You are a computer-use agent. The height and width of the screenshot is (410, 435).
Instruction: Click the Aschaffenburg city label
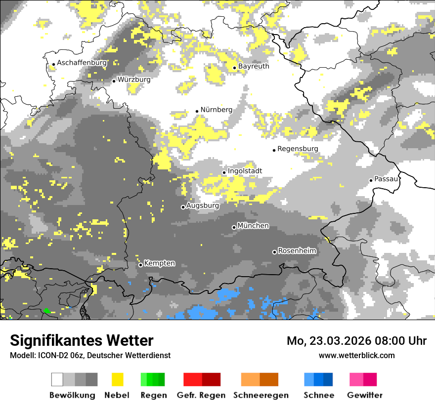(x=82, y=63)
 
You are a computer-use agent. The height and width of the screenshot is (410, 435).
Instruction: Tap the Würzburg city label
(x=134, y=79)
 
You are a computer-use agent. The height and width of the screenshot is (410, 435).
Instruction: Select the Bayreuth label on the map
(x=254, y=66)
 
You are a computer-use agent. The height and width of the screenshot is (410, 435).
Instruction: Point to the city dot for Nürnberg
(x=197, y=111)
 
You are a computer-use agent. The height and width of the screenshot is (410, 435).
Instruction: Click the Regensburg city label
(x=298, y=149)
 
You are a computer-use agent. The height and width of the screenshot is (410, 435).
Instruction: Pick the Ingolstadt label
(x=245, y=171)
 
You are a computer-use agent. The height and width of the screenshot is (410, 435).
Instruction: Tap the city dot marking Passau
(x=371, y=180)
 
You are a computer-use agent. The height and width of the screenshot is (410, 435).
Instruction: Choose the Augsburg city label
(x=203, y=205)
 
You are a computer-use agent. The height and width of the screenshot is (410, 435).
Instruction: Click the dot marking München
(x=234, y=227)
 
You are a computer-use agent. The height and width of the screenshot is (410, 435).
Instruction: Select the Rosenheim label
(x=297, y=251)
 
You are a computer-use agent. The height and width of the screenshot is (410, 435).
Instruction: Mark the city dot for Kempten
(x=140, y=265)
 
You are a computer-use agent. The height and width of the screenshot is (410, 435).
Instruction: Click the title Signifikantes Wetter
(x=82, y=341)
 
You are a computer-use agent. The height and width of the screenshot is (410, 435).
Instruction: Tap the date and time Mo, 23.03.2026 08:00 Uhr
(x=356, y=341)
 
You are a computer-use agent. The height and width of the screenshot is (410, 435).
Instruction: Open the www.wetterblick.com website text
(x=356, y=355)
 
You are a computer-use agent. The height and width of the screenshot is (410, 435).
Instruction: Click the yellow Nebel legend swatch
(x=118, y=379)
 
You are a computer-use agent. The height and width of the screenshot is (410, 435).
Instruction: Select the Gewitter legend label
(x=365, y=395)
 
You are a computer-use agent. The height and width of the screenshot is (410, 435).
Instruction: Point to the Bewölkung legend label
(x=72, y=395)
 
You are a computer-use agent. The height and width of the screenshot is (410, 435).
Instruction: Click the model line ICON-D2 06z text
(x=90, y=355)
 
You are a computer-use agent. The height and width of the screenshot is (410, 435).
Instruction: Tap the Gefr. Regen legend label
(x=201, y=395)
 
